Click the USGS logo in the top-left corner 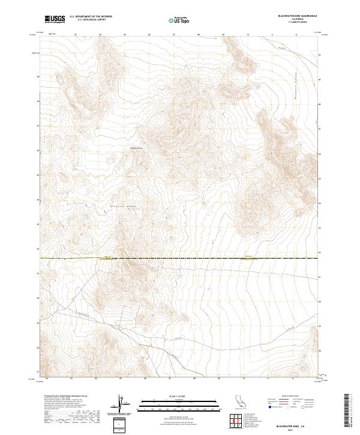[x=54, y=19]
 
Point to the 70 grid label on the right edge [x=320, y=55]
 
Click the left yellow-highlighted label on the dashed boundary [x=106, y=257]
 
